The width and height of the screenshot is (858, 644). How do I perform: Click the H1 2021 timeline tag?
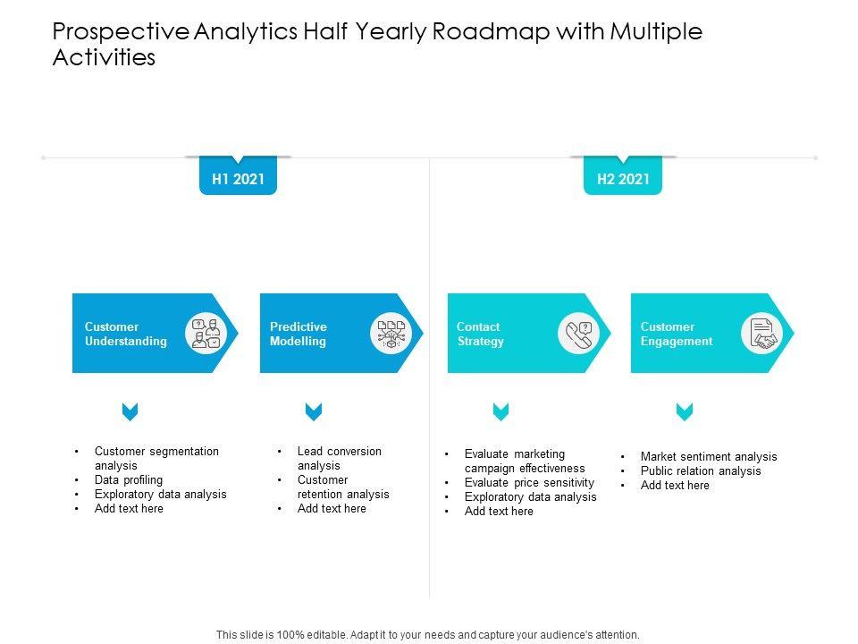click(238, 179)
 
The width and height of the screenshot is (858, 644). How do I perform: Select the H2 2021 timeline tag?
click(623, 179)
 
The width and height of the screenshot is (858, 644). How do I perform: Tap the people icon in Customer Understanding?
click(206, 334)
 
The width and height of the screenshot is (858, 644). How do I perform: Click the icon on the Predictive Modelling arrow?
click(391, 334)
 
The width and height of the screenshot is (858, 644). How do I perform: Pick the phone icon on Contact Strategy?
click(578, 334)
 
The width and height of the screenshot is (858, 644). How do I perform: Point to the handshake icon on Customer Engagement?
click(761, 334)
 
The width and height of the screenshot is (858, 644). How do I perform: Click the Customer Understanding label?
click(125, 334)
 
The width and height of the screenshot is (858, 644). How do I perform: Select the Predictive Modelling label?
click(299, 334)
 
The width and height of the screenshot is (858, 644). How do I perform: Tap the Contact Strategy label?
click(480, 334)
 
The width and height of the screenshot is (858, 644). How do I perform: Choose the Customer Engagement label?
click(677, 334)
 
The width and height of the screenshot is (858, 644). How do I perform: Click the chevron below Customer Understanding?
click(130, 411)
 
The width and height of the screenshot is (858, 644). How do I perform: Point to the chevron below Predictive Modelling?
click(314, 411)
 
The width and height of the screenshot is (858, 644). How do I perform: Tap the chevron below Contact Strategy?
click(500, 411)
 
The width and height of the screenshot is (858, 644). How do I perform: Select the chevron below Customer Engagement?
click(685, 411)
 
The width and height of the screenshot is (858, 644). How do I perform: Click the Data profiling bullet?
click(129, 480)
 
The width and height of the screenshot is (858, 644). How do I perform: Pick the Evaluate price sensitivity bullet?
click(529, 483)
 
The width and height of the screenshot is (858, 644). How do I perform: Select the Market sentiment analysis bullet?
click(709, 457)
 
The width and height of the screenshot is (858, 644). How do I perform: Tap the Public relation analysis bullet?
click(701, 471)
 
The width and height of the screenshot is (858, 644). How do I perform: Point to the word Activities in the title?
click(105, 59)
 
